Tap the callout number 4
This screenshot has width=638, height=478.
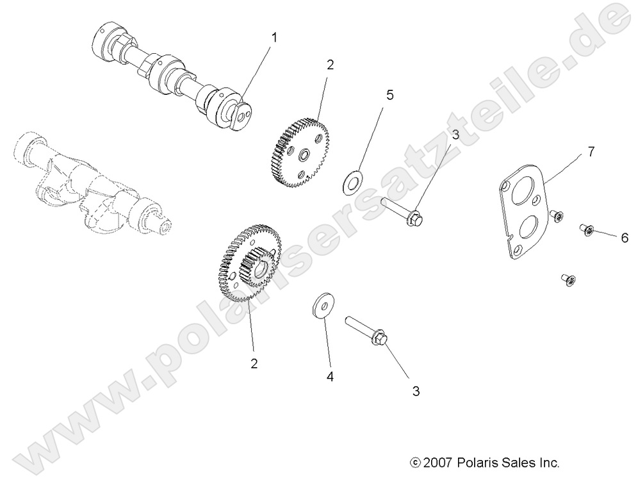click(x=331, y=377)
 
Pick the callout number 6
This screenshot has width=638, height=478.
click(x=624, y=237)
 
